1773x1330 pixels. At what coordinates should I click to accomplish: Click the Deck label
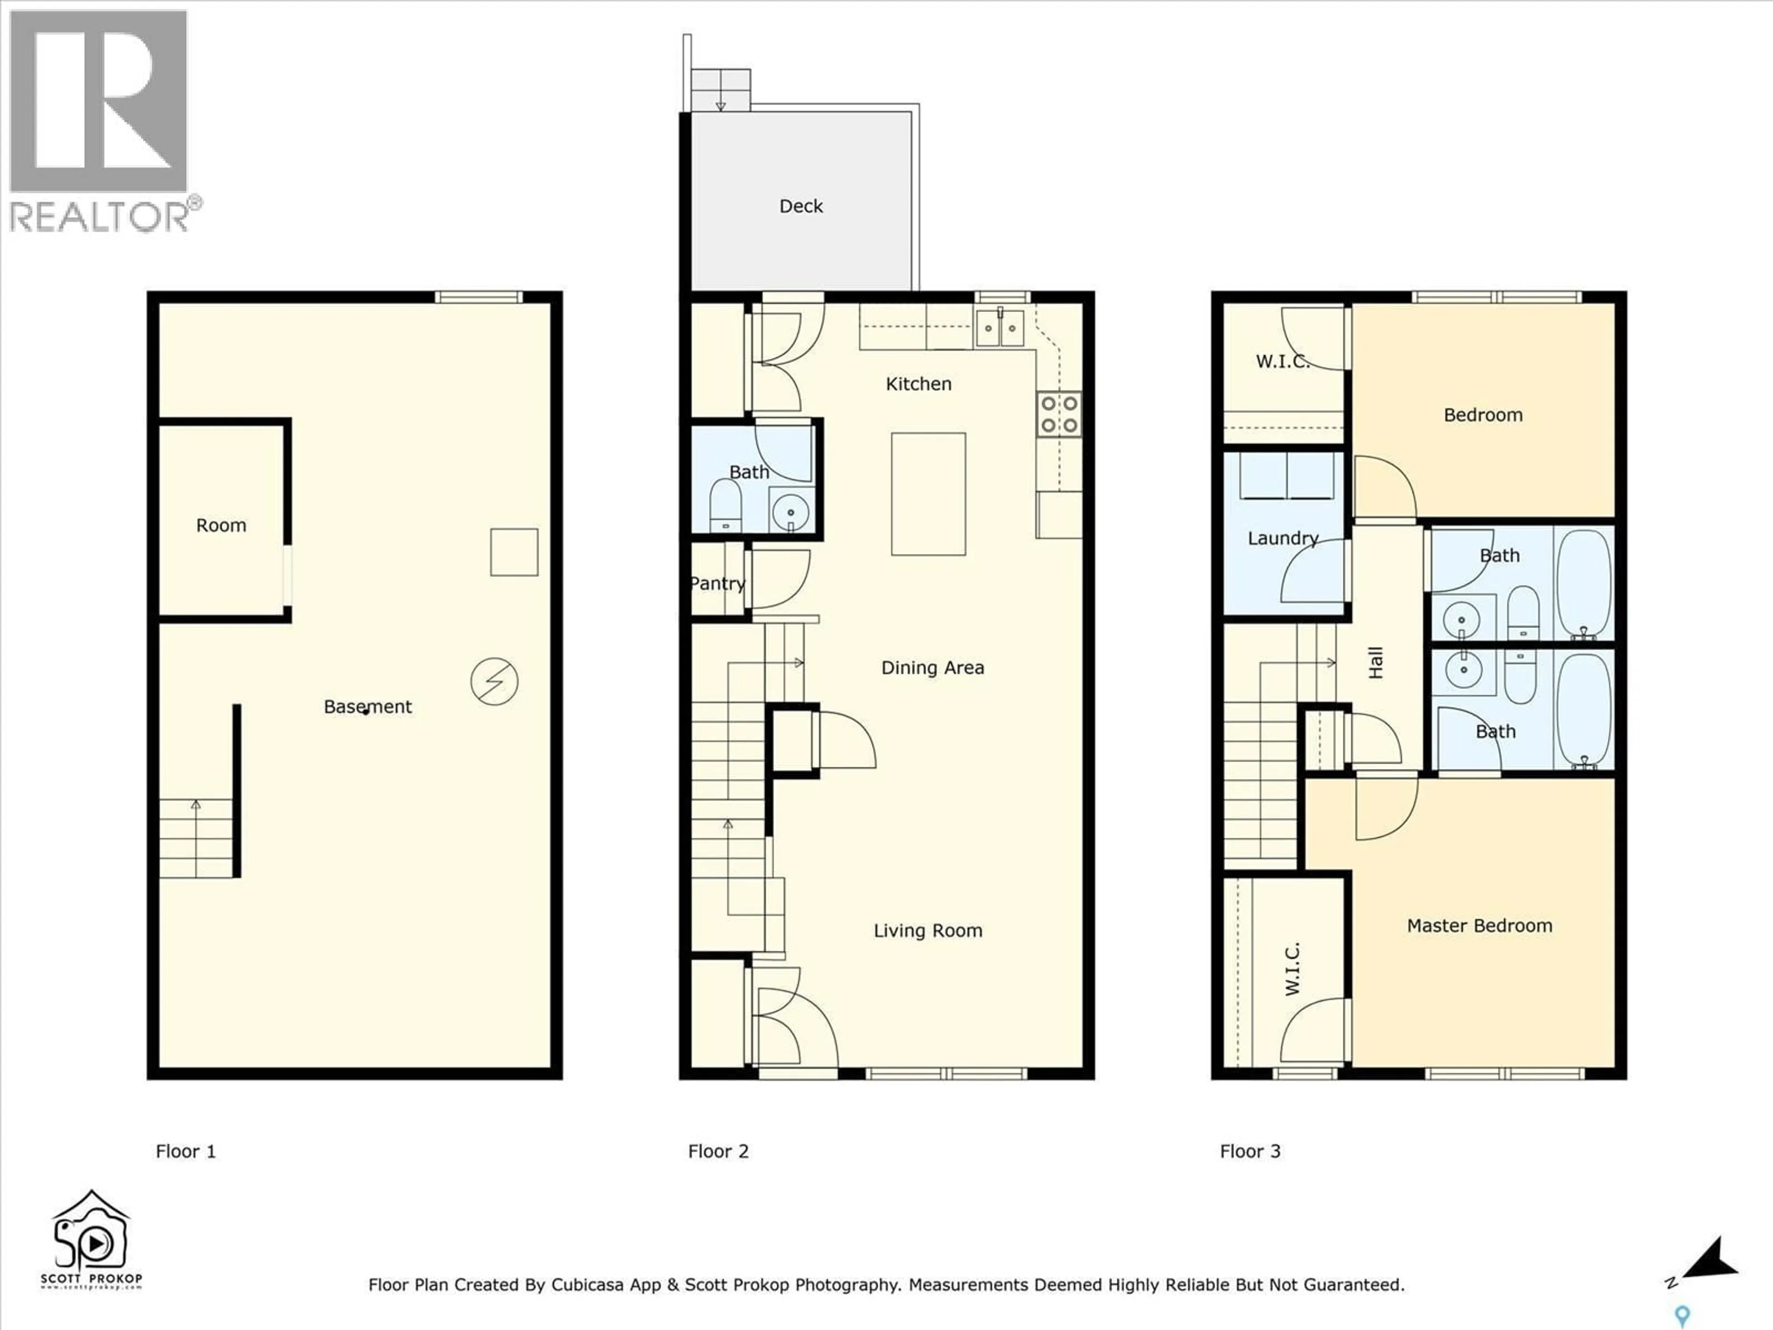tap(801, 206)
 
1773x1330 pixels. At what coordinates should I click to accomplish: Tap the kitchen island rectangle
tap(928, 494)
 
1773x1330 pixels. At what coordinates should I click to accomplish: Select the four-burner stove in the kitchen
tap(1059, 414)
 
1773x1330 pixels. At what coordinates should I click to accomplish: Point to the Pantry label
tap(718, 584)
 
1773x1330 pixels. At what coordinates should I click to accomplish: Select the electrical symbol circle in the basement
tap(494, 682)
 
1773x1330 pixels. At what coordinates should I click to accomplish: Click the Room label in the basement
tap(221, 525)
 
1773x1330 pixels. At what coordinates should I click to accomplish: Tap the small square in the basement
tap(514, 551)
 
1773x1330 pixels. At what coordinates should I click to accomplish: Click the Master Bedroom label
tap(1480, 925)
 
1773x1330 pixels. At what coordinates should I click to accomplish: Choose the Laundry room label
tap(1283, 538)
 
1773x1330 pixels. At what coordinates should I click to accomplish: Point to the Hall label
tap(1375, 663)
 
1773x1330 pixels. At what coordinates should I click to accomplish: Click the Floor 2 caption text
tap(718, 1151)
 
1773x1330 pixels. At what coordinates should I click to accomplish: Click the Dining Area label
tap(932, 668)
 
